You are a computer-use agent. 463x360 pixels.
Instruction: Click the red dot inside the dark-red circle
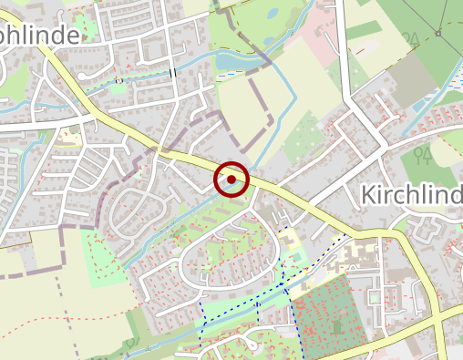point(231,180)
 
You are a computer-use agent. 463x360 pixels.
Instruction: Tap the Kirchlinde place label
point(412,194)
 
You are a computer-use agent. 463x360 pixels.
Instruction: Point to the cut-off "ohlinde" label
point(41,33)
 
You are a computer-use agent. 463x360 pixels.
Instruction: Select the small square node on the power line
point(437,34)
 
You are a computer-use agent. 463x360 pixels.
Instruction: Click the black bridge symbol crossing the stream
point(171,72)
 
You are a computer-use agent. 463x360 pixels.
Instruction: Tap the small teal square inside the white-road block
point(375,296)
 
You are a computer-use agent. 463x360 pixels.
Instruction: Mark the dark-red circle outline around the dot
point(231,164)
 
